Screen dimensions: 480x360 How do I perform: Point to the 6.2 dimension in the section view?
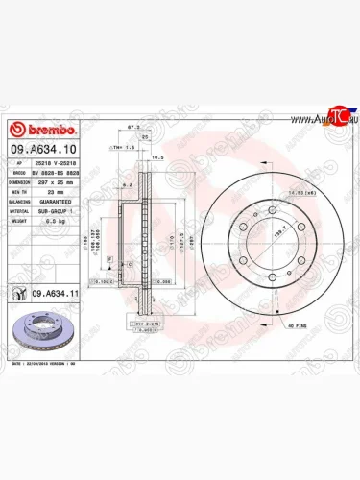coord(125,181)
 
